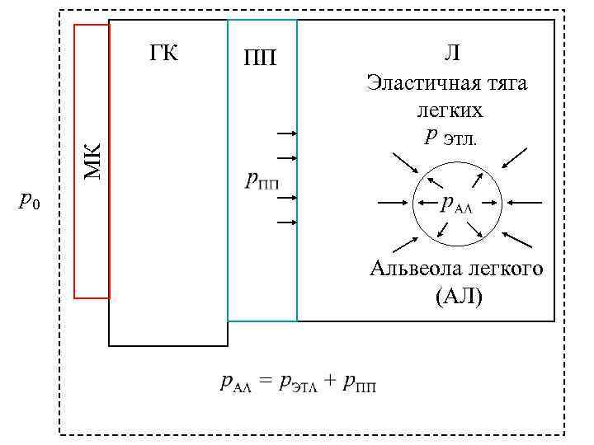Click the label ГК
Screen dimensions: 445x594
click(x=164, y=54)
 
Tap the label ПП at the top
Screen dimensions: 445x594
click(x=260, y=58)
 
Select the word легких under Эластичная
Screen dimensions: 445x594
click(x=450, y=110)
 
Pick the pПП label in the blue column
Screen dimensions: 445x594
click(x=262, y=180)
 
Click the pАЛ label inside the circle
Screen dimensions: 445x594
click(x=456, y=203)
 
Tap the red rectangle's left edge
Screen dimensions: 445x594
click(x=75, y=160)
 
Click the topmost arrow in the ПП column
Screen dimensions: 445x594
click(x=286, y=133)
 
